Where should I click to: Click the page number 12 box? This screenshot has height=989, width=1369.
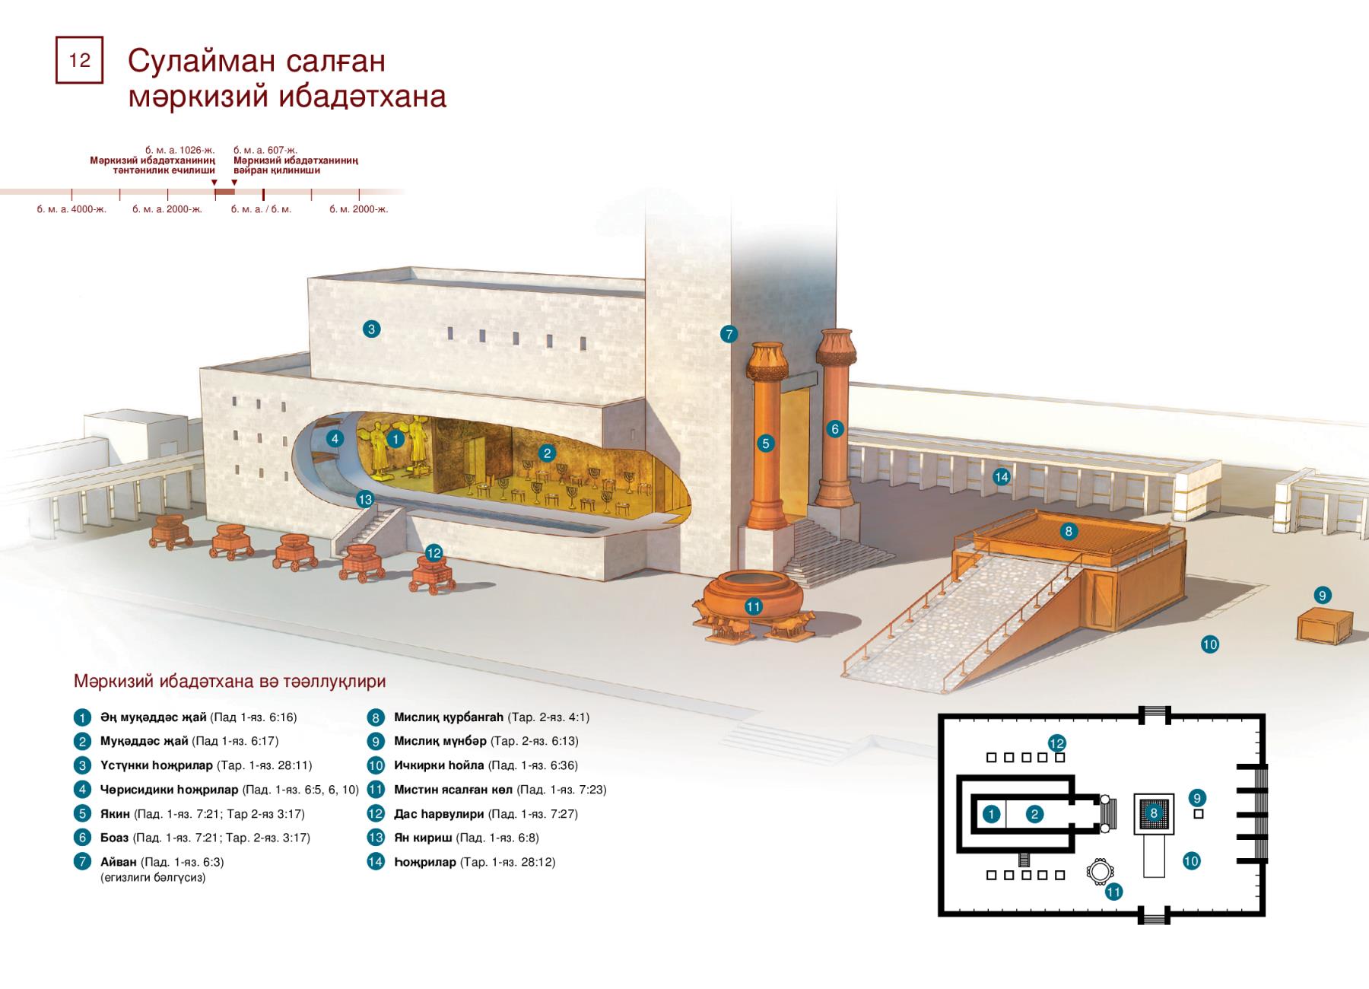coord(79,59)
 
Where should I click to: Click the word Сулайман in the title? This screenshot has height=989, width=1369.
coord(203,61)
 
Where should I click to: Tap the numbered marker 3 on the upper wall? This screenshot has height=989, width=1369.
coord(371,329)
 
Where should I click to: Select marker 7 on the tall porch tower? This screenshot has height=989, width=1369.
coord(729,334)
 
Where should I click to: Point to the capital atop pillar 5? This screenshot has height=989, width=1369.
coord(767,361)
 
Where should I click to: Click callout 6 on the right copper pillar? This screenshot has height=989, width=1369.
coord(834,429)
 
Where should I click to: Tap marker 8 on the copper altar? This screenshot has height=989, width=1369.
coord(1069,531)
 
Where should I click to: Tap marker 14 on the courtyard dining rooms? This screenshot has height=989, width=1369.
coord(1002,477)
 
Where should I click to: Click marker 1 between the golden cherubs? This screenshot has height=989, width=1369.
coord(395,439)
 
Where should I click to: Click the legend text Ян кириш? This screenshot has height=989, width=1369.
coord(423,838)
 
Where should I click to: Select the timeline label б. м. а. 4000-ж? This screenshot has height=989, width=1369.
coord(71,209)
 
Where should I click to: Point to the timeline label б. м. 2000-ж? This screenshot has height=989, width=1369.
coord(359,209)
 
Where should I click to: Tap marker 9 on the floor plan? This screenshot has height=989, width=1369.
coord(1197,798)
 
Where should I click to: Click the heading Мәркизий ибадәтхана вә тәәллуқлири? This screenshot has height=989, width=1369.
coord(230,682)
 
